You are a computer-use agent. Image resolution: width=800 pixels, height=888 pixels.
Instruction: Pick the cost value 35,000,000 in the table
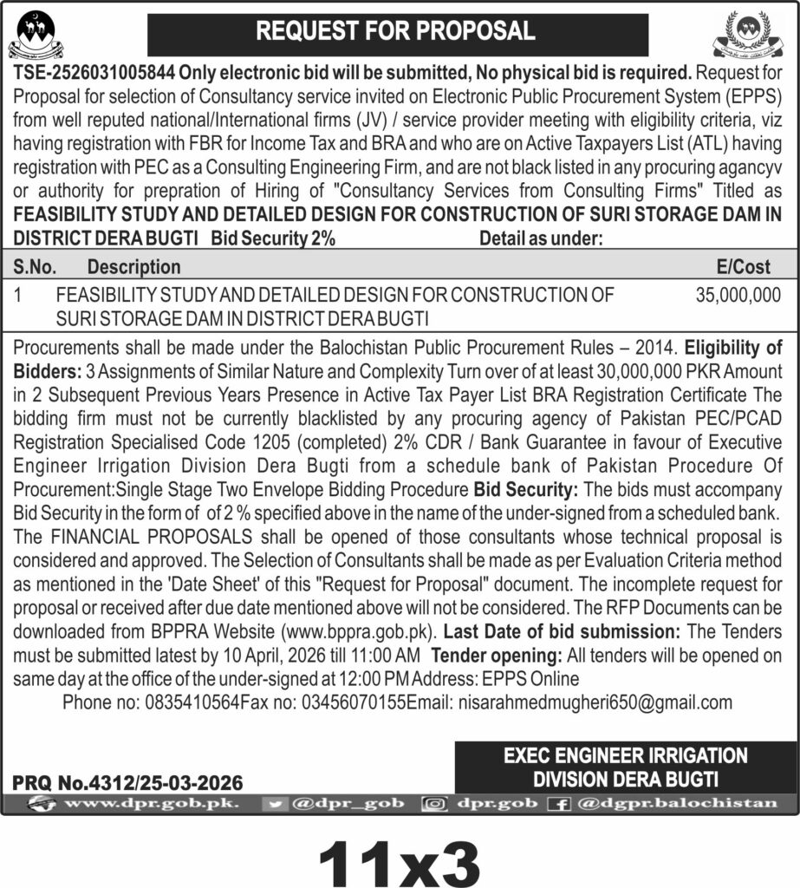click(x=738, y=295)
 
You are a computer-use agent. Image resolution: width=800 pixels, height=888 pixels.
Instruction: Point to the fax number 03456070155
click(x=351, y=702)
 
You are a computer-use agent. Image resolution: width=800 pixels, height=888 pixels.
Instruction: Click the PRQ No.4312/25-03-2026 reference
click(x=127, y=782)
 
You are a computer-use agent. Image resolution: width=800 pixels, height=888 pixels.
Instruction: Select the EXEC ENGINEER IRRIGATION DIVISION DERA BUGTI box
click(x=626, y=767)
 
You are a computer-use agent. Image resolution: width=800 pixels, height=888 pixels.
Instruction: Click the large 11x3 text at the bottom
click(x=399, y=855)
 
